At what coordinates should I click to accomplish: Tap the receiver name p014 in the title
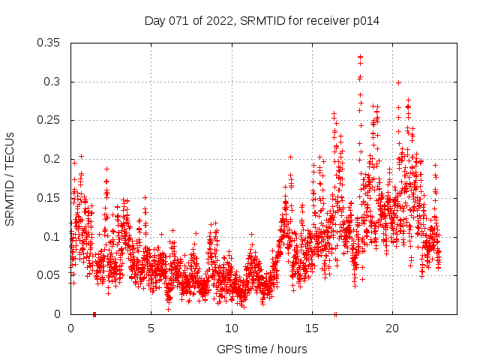tap(364, 21)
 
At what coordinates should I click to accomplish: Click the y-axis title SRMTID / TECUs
tap(10, 178)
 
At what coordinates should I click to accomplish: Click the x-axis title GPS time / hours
tap(262, 349)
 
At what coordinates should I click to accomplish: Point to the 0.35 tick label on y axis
tap(50, 43)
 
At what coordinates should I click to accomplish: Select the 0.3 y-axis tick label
tap(53, 81)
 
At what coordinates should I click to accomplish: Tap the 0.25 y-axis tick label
tap(50, 120)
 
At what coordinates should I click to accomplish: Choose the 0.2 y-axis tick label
tap(53, 159)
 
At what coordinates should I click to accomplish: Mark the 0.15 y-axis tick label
tap(50, 198)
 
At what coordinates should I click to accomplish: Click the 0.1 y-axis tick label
tap(53, 236)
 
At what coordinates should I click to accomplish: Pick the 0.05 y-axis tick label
tap(50, 275)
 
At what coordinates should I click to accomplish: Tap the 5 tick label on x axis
tap(151, 328)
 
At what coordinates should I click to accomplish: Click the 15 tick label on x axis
tap(311, 328)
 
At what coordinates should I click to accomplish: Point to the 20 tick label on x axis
tap(391, 328)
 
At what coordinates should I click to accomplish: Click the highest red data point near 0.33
tap(360, 57)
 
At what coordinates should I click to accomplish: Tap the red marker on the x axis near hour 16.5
tap(335, 313)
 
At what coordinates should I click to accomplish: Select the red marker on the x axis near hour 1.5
tap(94, 313)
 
